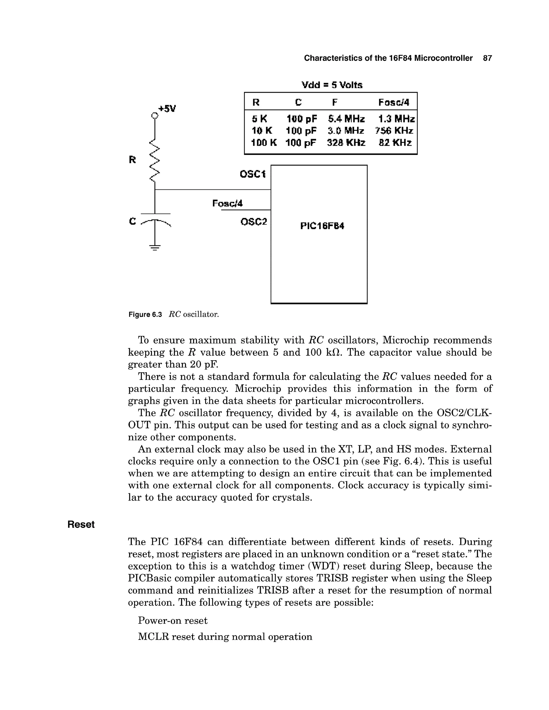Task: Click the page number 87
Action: [x=487, y=58]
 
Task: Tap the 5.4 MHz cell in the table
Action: [x=346, y=119]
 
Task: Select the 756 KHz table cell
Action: [x=394, y=131]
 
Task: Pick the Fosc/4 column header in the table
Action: [x=394, y=103]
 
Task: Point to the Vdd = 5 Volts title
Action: [x=332, y=85]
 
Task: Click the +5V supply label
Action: [x=167, y=109]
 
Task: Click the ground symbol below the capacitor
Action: [x=155, y=248]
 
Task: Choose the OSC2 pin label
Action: [x=254, y=222]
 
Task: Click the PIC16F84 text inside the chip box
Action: [x=322, y=226]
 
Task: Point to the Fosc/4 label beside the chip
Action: [x=227, y=204]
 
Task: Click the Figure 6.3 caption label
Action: [x=145, y=315]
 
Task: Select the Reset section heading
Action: [x=81, y=524]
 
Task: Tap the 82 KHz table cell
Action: [x=395, y=143]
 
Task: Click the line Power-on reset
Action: [x=173, y=621]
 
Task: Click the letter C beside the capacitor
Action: [x=132, y=221]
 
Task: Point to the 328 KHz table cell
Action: [x=346, y=143]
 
